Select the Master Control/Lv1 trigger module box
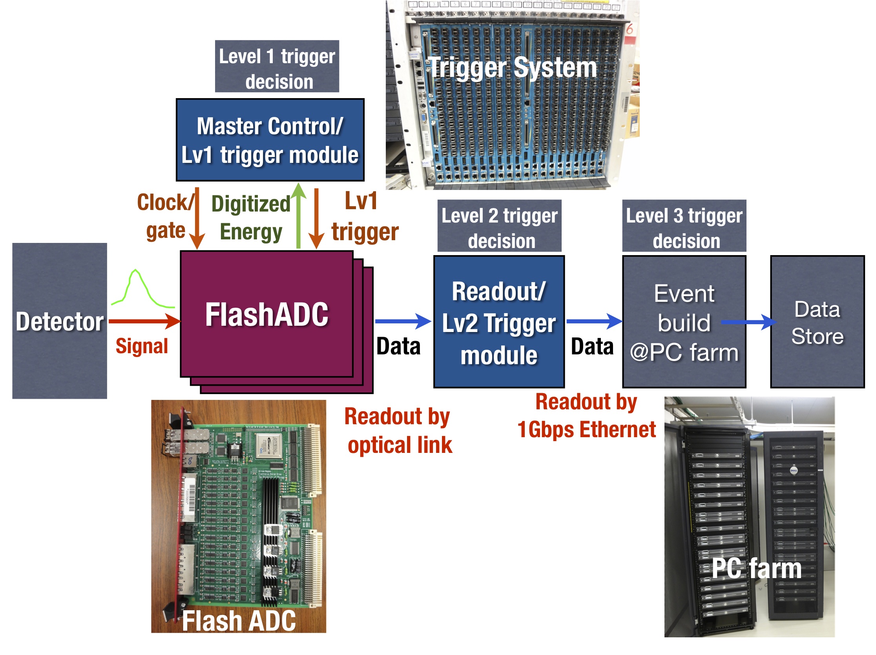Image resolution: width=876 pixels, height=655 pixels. click(270, 140)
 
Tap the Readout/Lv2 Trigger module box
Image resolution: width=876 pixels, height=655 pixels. click(499, 321)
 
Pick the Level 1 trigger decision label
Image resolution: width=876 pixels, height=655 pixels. click(277, 67)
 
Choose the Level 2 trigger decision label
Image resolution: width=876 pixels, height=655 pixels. click(499, 226)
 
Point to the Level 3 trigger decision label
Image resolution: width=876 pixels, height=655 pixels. click(684, 226)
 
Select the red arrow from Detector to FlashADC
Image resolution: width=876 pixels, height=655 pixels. click(144, 321)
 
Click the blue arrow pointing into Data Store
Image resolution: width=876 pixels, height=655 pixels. click(748, 322)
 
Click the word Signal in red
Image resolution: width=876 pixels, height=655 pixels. click(142, 346)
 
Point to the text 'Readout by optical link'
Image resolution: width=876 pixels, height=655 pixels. click(398, 431)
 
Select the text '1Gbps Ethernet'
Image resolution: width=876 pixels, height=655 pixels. click(586, 430)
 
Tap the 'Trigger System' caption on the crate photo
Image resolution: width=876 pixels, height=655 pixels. click(513, 68)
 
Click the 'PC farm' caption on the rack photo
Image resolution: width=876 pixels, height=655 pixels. click(756, 569)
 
